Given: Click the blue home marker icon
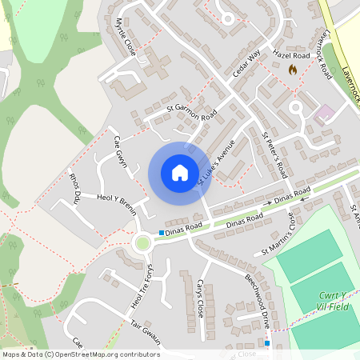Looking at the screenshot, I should coord(179,173).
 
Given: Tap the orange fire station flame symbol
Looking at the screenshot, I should coord(292,70).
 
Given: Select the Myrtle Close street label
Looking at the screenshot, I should coord(125,36).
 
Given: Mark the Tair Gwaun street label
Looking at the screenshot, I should coord(146,331).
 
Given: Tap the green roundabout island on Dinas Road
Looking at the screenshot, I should coord(142,242).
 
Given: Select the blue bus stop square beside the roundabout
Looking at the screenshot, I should coord(162,233).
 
